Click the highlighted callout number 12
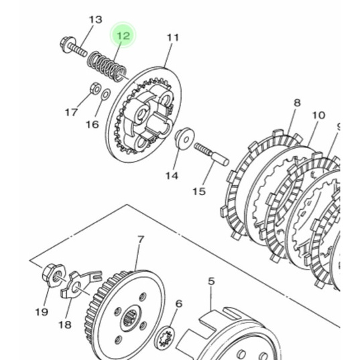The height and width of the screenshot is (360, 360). (123, 36)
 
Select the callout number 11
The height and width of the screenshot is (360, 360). (173, 38)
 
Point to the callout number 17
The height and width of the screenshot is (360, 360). (72, 113)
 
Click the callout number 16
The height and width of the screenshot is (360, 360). (92, 124)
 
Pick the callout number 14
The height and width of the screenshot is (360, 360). (172, 176)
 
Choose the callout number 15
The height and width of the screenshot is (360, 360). (199, 191)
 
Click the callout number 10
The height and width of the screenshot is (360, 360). (318, 115)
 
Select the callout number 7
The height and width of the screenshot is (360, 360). (140, 239)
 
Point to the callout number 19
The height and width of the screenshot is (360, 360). (42, 312)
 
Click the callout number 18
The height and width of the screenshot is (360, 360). (64, 324)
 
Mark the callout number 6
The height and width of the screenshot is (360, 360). (178, 304)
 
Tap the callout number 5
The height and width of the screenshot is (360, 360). (211, 282)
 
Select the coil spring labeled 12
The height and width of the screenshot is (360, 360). (108, 66)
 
